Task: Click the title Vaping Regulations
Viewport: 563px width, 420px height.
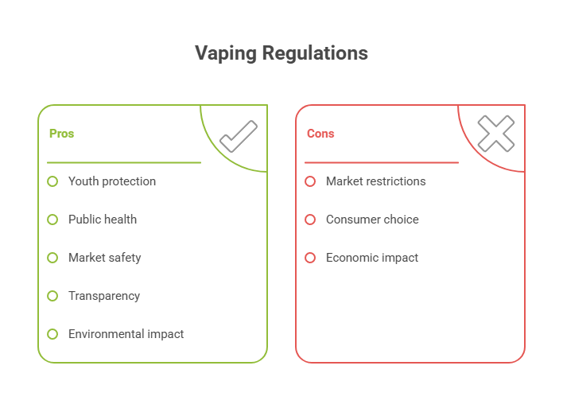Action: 281,53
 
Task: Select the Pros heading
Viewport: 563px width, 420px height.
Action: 61,134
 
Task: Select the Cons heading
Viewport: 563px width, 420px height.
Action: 320,134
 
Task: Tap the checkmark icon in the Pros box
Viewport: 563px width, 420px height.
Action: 238,135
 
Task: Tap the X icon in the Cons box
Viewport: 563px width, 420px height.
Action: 495,134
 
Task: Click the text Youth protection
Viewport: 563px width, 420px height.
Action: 111,181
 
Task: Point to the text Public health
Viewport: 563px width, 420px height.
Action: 102,220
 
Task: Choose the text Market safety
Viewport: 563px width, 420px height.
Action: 104,258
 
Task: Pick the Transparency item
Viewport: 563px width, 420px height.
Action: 103,296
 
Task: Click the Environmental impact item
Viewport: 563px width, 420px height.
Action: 126,334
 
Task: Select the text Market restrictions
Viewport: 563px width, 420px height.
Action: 375,181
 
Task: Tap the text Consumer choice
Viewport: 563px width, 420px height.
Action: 371,220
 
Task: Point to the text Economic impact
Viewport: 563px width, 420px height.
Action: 371,258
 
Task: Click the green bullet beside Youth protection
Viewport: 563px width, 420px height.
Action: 52,181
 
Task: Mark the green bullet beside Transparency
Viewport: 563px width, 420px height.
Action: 52,296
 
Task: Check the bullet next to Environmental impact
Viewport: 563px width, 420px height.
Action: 52,334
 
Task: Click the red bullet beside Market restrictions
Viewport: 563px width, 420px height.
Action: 310,181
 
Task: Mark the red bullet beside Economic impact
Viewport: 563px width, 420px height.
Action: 310,258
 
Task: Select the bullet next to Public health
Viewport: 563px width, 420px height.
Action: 52,220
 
